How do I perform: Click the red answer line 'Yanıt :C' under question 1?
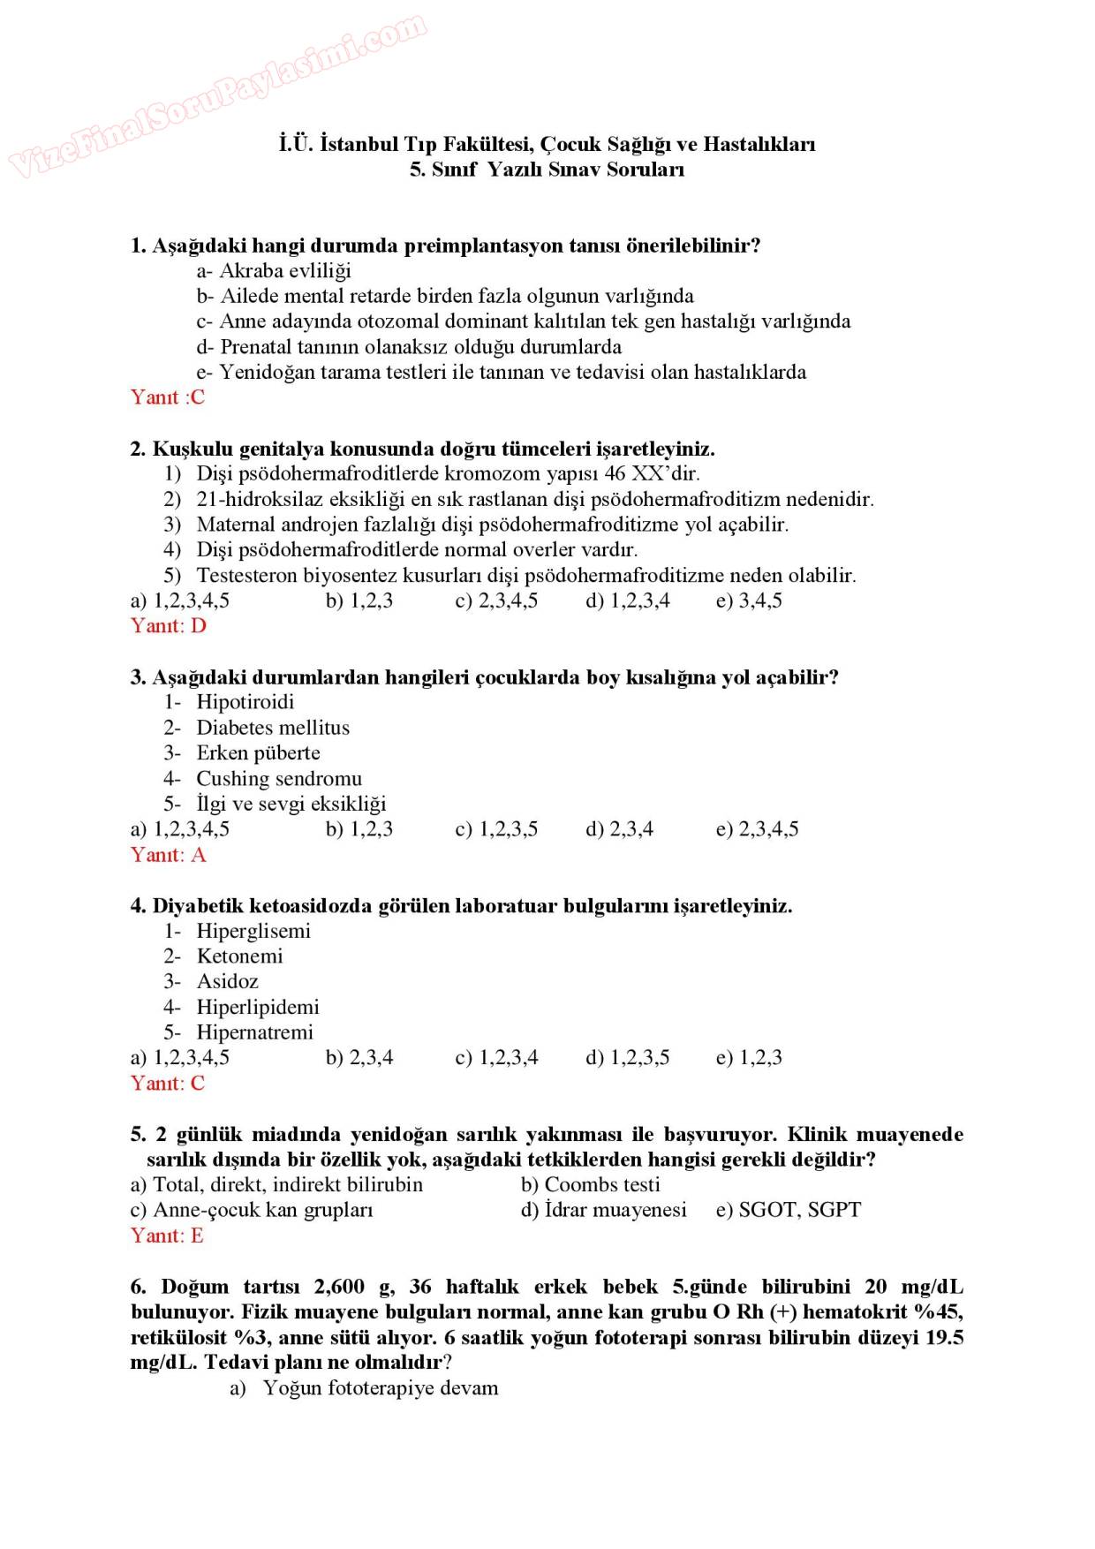(168, 397)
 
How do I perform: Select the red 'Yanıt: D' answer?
(169, 626)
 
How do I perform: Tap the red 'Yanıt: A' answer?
(169, 855)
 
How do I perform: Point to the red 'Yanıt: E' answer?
(167, 1235)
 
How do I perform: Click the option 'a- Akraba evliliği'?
(274, 270)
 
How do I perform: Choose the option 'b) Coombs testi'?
(590, 1184)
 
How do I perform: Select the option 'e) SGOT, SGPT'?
(788, 1210)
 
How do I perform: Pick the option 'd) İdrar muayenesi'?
(603, 1210)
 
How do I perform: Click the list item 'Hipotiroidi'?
(245, 702)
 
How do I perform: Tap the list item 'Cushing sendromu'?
(278, 779)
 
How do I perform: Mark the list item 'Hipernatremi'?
(254, 1032)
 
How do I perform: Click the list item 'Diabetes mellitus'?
(272, 728)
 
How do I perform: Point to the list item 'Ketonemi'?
(239, 956)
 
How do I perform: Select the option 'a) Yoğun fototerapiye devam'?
(364, 1388)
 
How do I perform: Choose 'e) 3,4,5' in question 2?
(749, 601)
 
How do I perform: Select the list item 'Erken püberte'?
(258, 753)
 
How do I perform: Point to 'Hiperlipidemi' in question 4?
(257, 1007)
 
